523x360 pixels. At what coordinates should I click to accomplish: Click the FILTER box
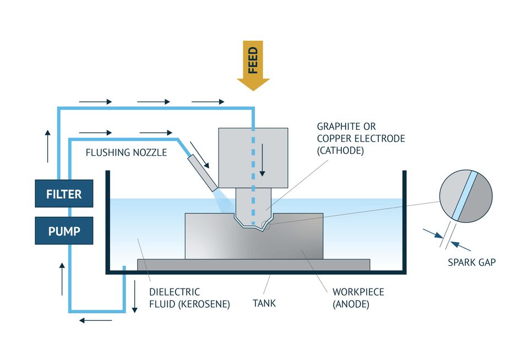pyautogui.click(x=64, y=194)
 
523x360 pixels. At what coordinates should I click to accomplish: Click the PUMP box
pyautogui.click(x=64, y=231)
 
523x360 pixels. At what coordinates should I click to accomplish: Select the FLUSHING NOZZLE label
pyautogui.click(x=126, y=152)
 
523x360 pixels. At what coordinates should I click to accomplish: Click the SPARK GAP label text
pyautogui.click(x=472, y=263)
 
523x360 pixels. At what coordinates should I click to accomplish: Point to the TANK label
pyautogui.click(x=264, y=303)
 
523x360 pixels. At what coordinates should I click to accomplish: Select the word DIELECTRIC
pyautogui.click(x=175, y=292)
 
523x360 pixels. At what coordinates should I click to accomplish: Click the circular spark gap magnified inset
pyautogui.click(x=465, y=197)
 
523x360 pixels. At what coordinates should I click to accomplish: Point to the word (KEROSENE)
pyautogui.click(x=206, y=303)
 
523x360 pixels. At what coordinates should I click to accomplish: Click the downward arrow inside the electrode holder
pyautogui.click(x=262, y=160)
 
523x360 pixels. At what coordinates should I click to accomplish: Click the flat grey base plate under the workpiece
pyautogui.click(x=253, y=264)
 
